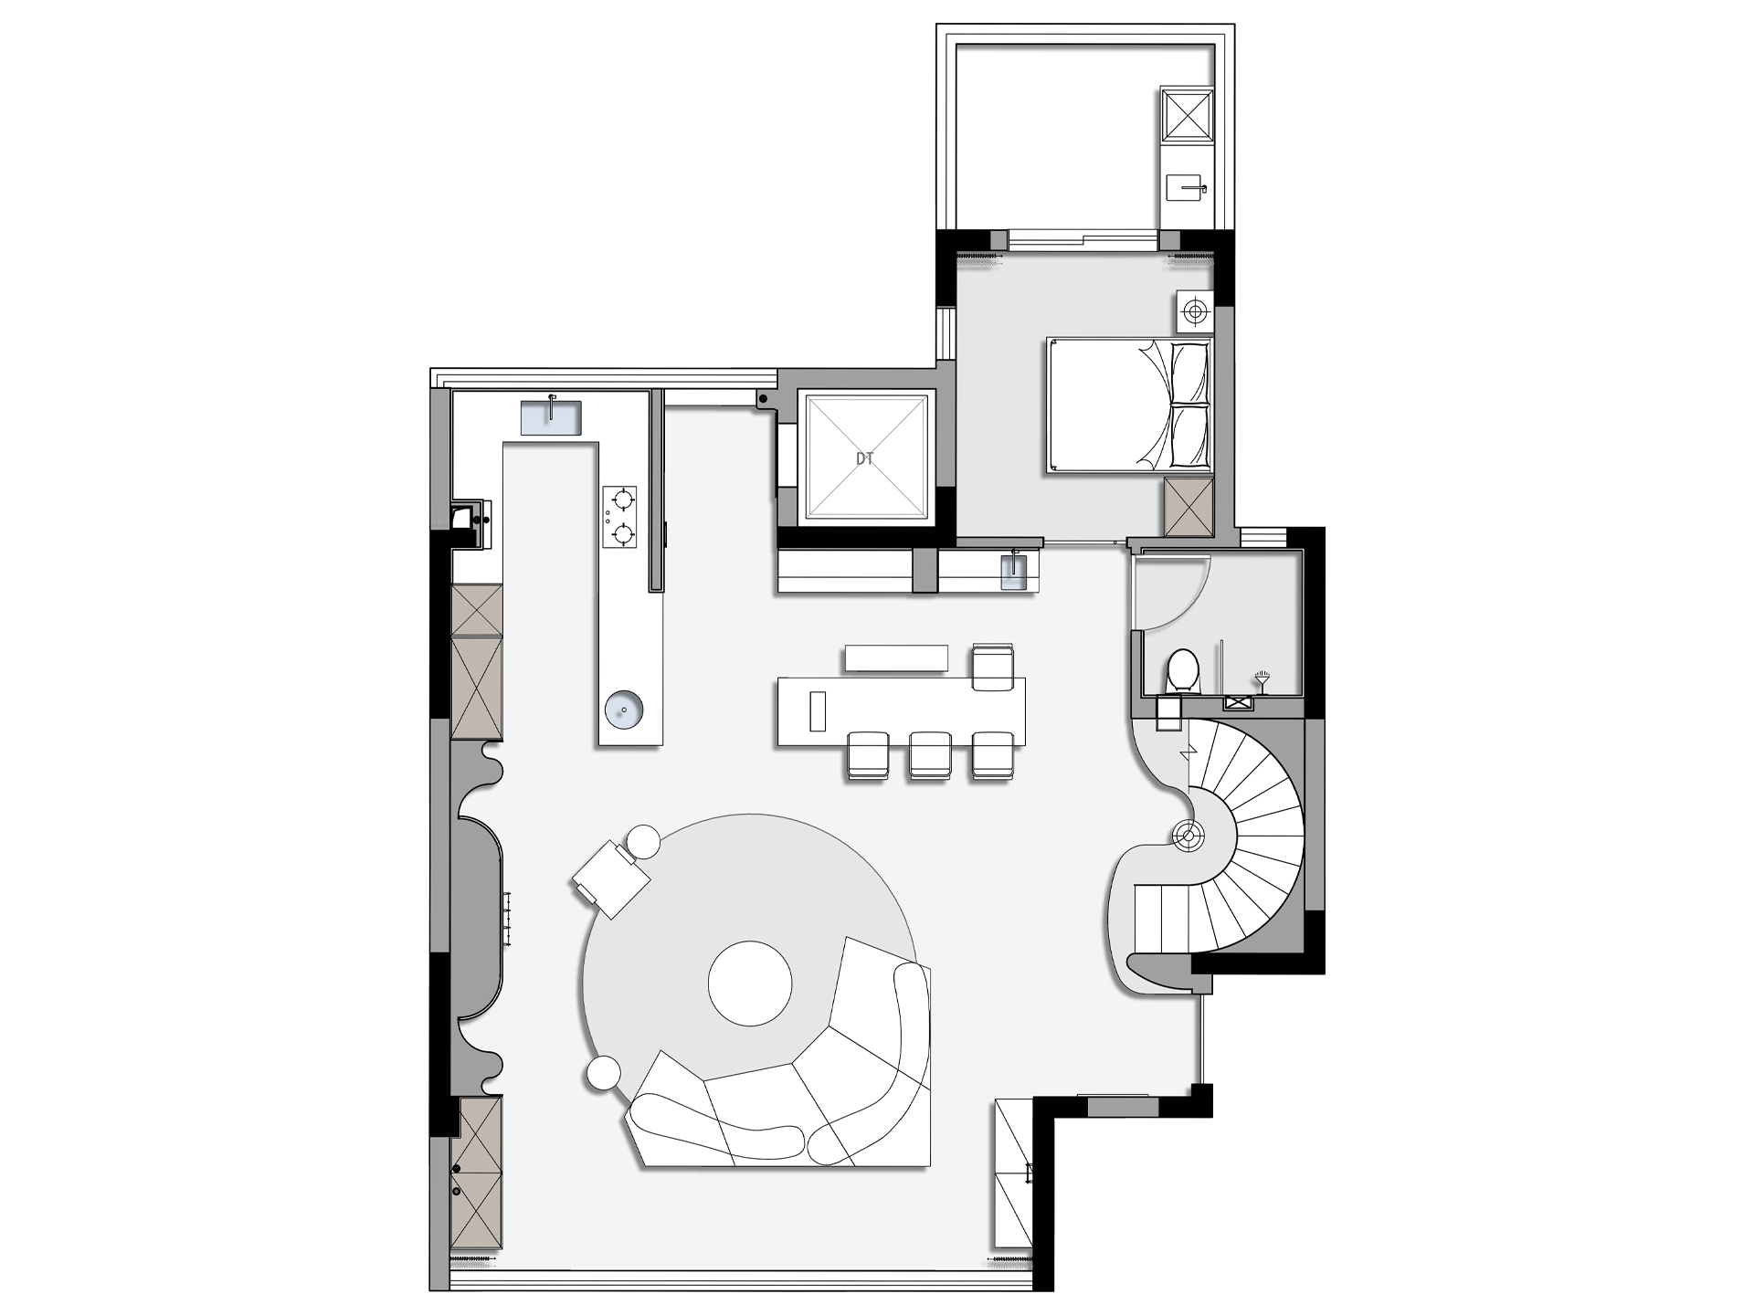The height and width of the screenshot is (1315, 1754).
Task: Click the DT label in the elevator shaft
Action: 864,459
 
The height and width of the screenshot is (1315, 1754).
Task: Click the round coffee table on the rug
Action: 750,983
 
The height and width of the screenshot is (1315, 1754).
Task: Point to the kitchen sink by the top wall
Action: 551,417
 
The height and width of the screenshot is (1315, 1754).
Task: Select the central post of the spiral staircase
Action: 1189,835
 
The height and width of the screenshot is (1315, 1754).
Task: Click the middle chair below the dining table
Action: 930,755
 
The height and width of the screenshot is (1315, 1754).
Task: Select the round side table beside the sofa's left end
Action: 604,1073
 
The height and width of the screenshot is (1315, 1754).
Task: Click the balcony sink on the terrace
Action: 1188,189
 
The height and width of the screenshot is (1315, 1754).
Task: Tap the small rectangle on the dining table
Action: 818,711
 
